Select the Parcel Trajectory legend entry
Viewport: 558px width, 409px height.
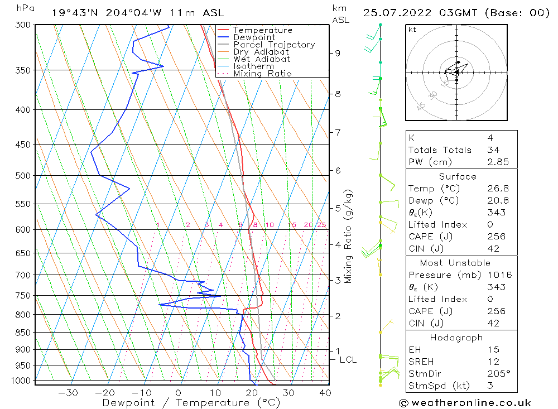[274, 45]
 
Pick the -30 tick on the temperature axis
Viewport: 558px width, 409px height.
[68, 393]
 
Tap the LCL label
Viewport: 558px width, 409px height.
[348, 360]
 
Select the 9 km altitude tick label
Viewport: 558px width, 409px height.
[338, 53]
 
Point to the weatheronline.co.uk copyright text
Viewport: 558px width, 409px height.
[465, 403]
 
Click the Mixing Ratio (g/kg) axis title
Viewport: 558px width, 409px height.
[348, 236]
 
